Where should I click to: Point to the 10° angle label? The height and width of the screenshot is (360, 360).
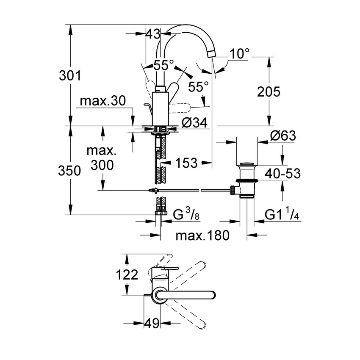pos(240,54)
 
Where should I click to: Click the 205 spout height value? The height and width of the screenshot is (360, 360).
pos(268,91)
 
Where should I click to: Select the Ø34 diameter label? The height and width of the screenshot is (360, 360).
pos(194,123)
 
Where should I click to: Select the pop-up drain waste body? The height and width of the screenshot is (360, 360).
pos(246,180)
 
